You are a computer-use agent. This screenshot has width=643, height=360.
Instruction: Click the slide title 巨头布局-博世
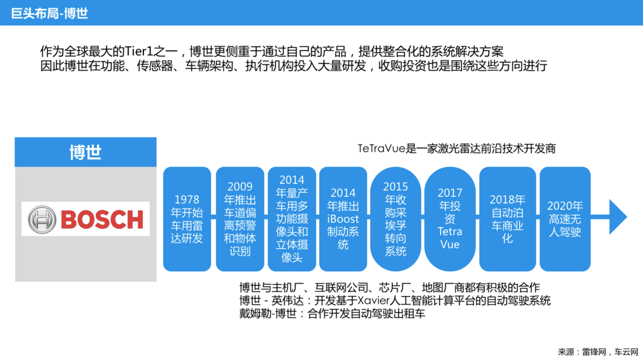(x=49, y=14)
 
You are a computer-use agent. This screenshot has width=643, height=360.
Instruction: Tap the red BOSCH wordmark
(x=102, y=220)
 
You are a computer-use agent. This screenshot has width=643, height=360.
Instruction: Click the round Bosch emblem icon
(x=42, y=220)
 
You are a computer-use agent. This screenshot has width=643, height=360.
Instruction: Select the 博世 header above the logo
(x=85, y=152)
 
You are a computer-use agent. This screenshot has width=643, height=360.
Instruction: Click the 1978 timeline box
(x=187, y=219)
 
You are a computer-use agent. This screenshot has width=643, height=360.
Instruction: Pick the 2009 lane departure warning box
(x=240, y=219)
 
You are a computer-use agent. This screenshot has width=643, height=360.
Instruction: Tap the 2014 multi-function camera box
(x=292, y=219)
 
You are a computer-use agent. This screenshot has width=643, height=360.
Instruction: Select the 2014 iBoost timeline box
(x=343, y=219)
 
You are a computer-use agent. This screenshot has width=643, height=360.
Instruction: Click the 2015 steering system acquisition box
(x=395, y=219)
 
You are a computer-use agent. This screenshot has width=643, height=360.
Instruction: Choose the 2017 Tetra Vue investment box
(x=450, y=219)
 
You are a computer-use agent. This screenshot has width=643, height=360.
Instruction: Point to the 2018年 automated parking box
(x=507, y=219)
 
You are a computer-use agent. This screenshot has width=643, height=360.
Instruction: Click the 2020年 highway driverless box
(x=565, y=219)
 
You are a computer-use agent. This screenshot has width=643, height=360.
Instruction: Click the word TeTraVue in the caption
(x=382, y=148)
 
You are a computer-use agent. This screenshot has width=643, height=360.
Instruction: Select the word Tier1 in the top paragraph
(x=139, y=51)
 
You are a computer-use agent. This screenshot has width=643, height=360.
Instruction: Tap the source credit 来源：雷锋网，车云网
(x=598, y=352)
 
